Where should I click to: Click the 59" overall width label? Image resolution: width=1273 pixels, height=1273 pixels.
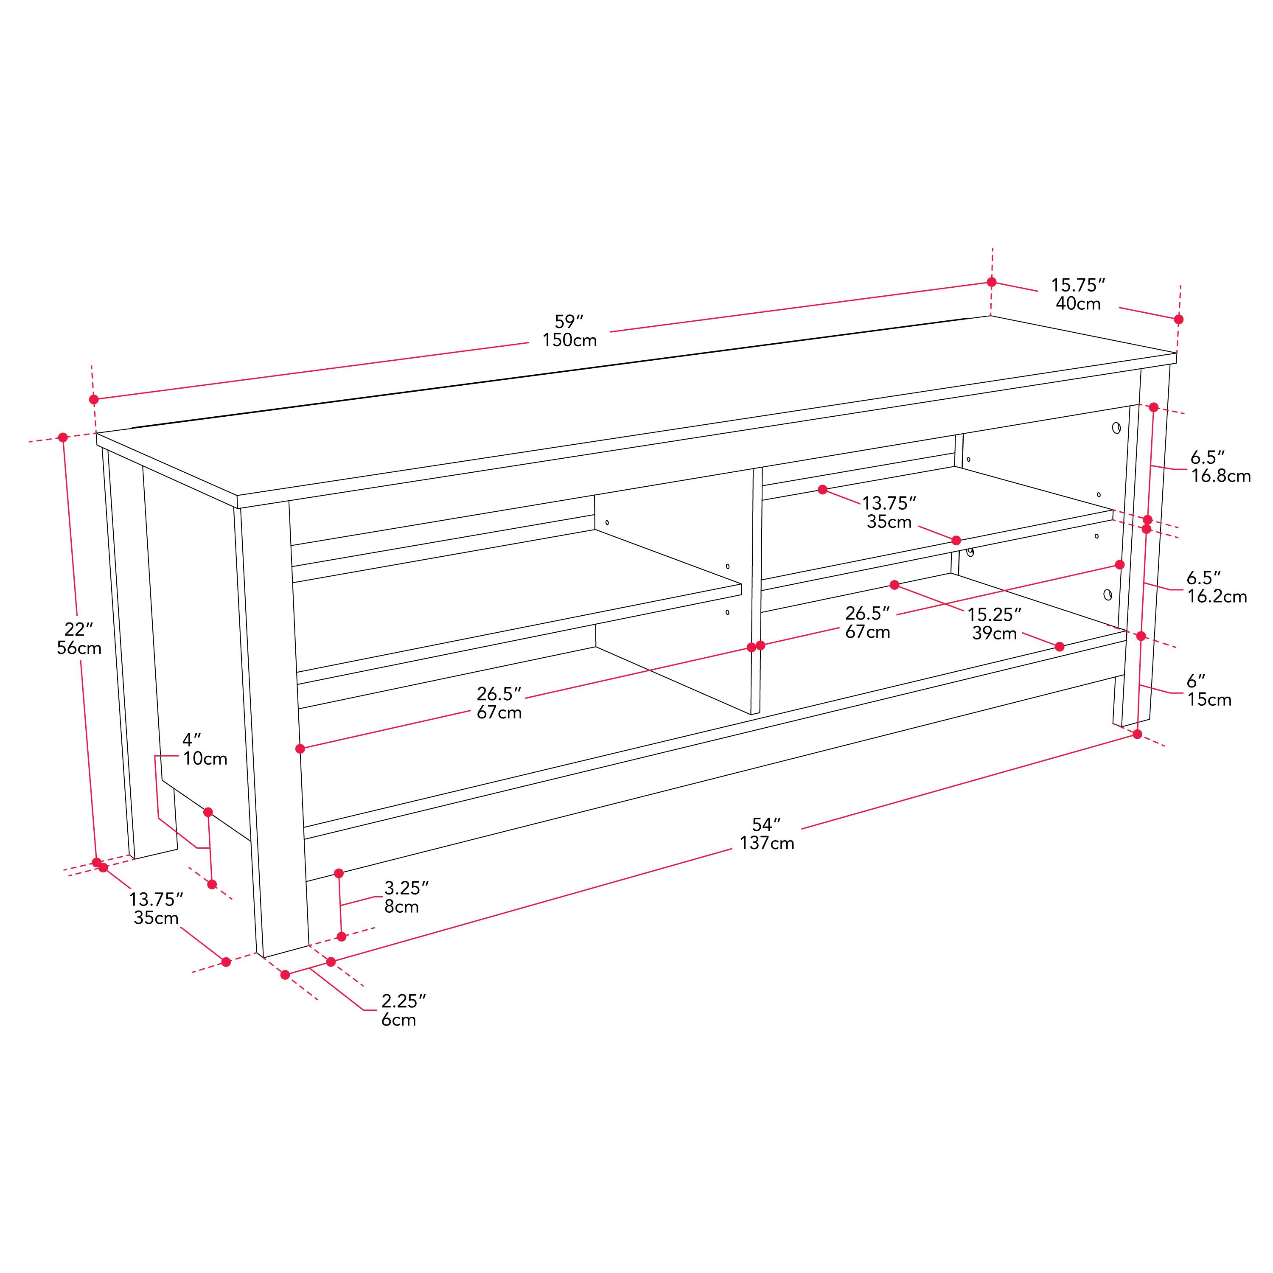(569, 322)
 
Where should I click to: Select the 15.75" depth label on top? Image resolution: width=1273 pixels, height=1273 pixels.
(1077, 285)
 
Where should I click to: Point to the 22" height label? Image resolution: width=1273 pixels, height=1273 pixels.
(79, 630)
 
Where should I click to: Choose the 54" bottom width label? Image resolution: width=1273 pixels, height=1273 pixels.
(766, 824)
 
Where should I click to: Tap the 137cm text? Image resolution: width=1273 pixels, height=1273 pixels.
(767, 844)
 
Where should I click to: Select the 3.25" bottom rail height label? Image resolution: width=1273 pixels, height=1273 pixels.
(407, 888)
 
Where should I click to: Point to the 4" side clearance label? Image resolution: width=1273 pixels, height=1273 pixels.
(192, 740)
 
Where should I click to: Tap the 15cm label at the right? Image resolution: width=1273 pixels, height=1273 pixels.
(1209, 700)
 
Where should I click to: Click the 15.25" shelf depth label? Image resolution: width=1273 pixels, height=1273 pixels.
(994, 615)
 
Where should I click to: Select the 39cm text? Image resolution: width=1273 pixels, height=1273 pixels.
(994, 634)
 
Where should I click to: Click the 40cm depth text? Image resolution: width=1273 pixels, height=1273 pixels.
(1078, 304)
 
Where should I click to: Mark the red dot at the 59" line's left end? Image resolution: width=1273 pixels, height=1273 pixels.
(94, 399)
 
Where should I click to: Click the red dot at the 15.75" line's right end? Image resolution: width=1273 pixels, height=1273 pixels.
(1179, 320)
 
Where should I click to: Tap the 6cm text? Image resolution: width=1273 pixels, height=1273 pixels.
(398, 1020)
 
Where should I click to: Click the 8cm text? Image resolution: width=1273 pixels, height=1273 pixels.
(401, 907)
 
